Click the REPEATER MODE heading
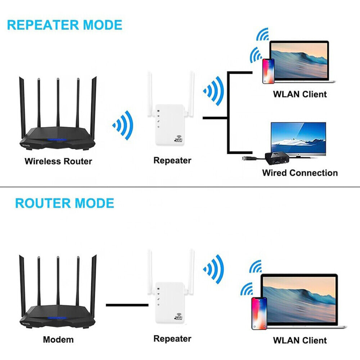point(65,25)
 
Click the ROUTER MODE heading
point(64,203)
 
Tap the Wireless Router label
point(58,161)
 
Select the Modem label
point(58,339)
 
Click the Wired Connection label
point(300,173)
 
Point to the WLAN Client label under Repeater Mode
point(300,94)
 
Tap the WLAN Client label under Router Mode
point(300,340)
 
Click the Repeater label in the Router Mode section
point(172,338)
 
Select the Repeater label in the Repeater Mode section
point(172,160)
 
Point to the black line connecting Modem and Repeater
point(127,305)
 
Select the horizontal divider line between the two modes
point(180,186)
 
